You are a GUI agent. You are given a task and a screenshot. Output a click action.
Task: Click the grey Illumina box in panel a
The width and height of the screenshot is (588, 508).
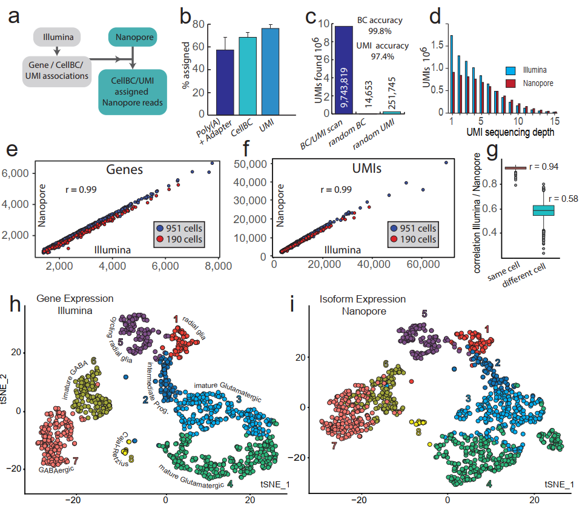[57, 37]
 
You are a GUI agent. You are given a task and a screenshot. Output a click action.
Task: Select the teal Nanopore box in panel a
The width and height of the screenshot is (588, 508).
[133, 37]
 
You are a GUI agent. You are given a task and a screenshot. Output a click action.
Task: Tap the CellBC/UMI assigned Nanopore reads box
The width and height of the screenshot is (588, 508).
[133, 92]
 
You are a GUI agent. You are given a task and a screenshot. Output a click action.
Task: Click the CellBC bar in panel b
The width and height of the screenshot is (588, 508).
[248, 76]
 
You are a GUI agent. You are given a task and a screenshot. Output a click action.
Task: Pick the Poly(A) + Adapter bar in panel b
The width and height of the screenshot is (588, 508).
[225, 82]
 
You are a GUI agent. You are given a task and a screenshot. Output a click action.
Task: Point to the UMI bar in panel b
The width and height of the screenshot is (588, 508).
[270, 72]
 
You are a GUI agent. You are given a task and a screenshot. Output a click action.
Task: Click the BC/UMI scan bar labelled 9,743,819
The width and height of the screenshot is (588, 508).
[344, 70]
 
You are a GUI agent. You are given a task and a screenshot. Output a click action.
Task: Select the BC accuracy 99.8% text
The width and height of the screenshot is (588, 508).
[380, 25]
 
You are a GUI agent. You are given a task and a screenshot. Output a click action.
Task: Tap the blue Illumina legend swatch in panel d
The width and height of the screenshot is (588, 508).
[510, 70]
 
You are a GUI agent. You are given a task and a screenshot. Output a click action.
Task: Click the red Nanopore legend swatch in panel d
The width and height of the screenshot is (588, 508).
[510, 83]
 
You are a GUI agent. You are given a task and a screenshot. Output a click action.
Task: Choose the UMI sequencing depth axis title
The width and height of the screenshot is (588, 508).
[510, 132]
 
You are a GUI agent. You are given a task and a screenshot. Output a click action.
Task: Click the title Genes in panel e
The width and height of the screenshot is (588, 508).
[125, 170]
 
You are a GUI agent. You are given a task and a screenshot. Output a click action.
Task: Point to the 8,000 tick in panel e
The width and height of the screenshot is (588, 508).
[219, 266]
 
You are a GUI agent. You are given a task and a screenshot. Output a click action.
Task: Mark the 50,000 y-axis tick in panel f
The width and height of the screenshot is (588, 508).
[250, 164]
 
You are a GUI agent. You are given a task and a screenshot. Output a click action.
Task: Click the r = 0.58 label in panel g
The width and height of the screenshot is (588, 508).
[563, 199]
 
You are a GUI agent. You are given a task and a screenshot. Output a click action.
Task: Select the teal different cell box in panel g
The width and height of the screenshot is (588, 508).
[543, 210]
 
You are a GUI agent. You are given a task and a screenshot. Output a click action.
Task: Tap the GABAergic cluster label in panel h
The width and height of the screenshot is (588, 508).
[56, 469]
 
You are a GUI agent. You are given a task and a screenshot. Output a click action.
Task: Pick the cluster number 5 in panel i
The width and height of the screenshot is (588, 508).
[424, 313]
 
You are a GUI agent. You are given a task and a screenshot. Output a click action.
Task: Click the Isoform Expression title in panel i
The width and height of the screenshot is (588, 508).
[363, 299]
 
